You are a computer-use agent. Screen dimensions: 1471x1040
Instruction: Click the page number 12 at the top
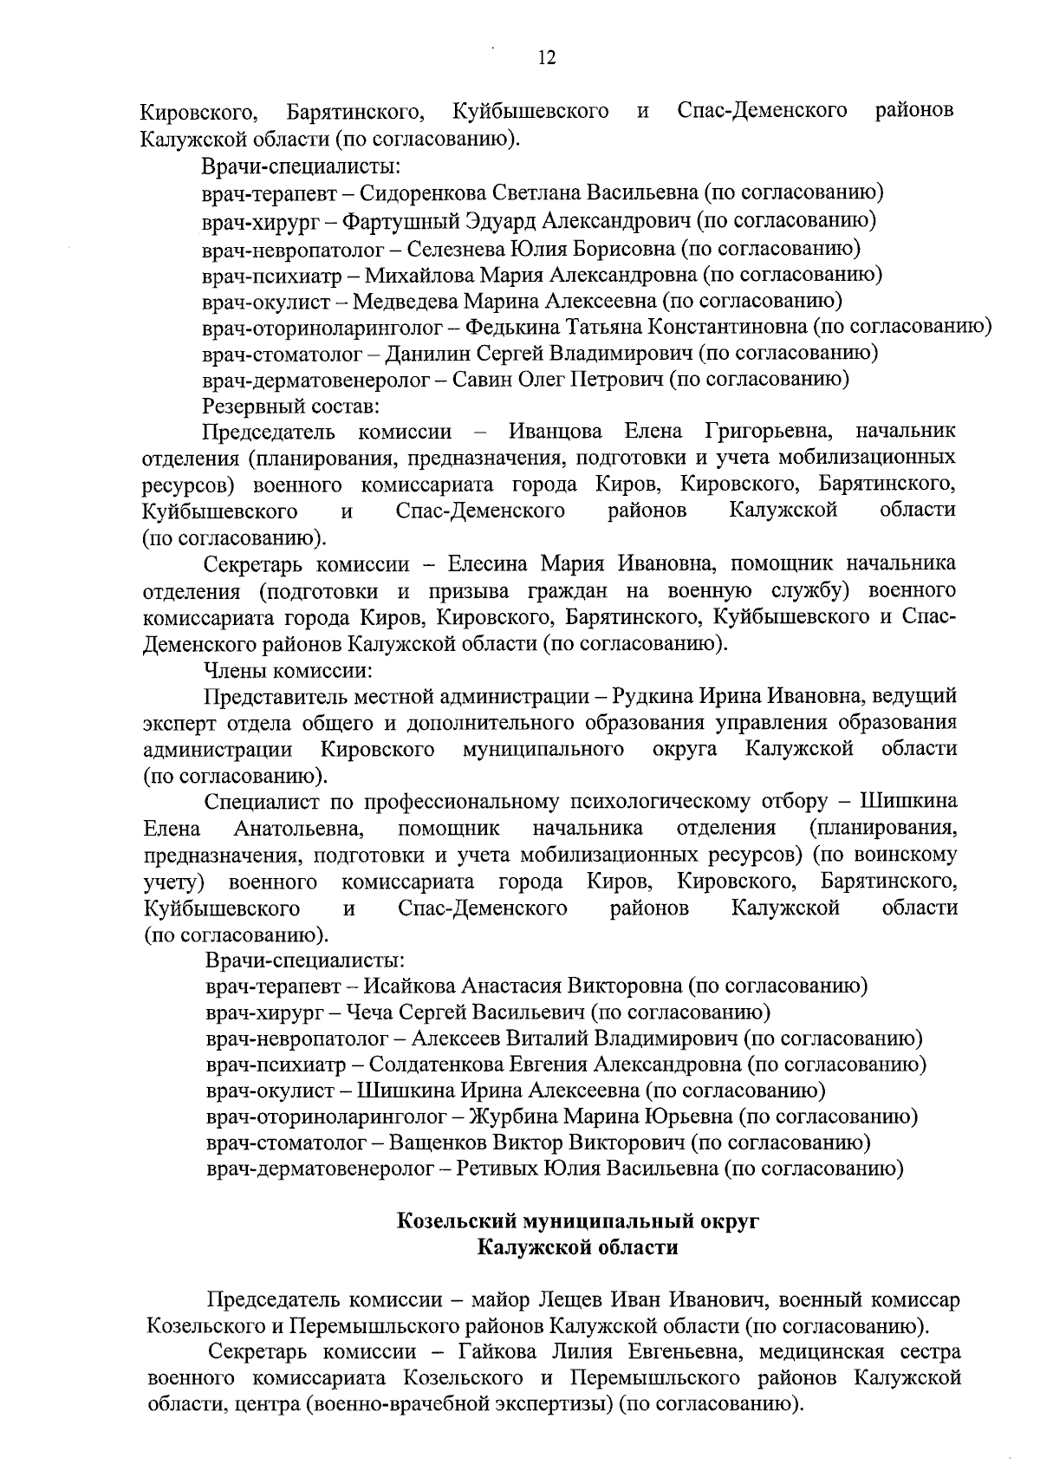coord(547,58)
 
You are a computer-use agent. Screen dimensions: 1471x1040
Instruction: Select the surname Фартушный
coord(395,219)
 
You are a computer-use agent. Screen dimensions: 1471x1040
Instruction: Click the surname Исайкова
coord(409,986)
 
